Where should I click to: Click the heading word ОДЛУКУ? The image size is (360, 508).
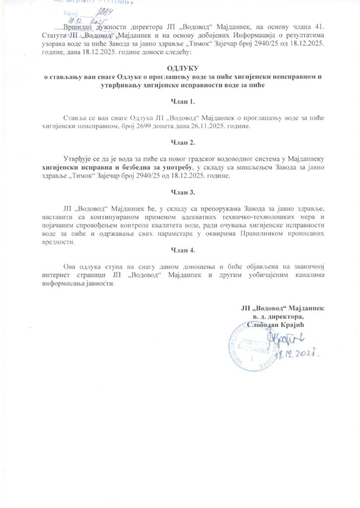pos(179,68)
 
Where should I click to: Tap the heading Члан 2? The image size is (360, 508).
pos(179,142)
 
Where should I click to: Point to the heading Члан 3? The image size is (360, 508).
pos(179,191)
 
